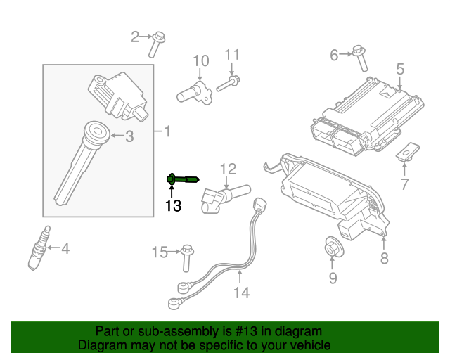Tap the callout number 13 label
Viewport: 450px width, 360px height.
click(x=173, y=205)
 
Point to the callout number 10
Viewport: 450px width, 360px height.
click(x=201, y=60)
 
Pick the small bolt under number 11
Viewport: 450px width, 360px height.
click(x=230, y=84)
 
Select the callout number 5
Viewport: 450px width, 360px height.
click(x=399, y=69)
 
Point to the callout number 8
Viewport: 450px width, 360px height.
click(x=384, y=259)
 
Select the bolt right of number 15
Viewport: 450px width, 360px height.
click(x=186, y=256)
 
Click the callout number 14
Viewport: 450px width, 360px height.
click(x=241, y=292)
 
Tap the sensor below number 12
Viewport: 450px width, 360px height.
click(x=222, y=197)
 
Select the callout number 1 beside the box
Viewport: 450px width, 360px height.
click(x=166, y=131)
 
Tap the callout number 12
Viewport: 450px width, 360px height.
click(x=228, y=169)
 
